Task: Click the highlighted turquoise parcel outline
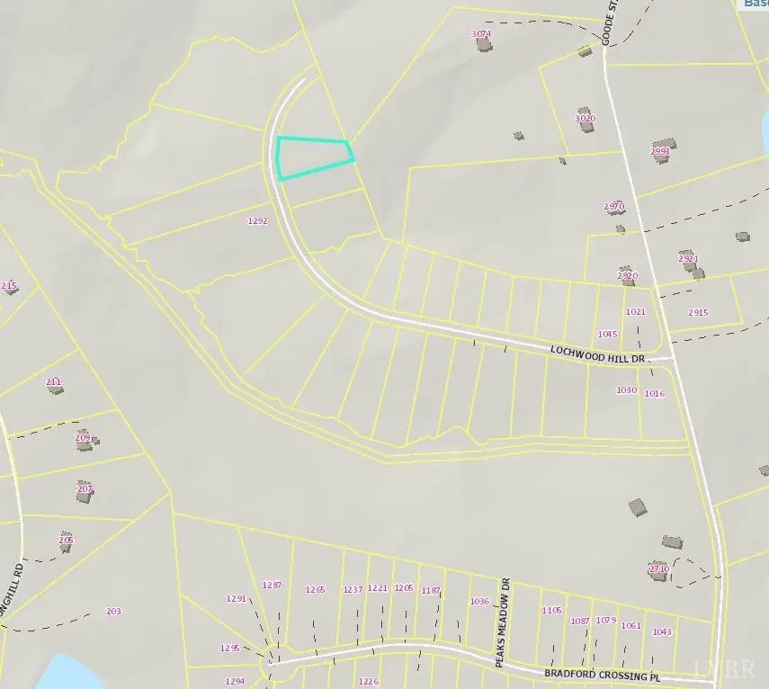click(312, 157)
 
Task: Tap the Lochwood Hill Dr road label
click(598, 352)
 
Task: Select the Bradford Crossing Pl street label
click(609, 674)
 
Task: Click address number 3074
click(481, 34)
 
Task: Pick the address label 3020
click(585, 118)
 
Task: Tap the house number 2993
click(660, 152)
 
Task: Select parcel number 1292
click(258, 220)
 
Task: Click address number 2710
click(658, 568)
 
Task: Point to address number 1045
click(607, 334)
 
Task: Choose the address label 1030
click(626, 389)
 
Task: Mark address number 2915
click(698, 312)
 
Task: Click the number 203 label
click(113, 612)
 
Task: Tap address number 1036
click(479, 601)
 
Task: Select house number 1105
click(551, 610)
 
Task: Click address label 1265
click(315, 589)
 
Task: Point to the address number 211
click(54, 381)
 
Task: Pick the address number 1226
click(369, 682)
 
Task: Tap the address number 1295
click(230, 648)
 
